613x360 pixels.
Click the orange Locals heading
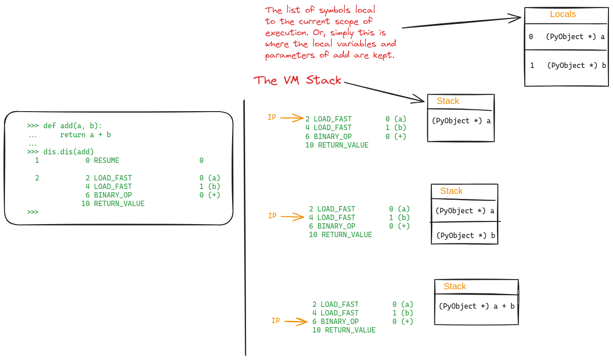tap(563, 14)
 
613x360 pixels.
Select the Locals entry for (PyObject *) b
tap(577, 66)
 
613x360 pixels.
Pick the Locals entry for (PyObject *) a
tap(575, 37)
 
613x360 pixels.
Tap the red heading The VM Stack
tap(297, 81)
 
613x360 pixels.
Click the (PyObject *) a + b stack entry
tap(476, 306)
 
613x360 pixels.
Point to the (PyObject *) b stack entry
tap(465, 236)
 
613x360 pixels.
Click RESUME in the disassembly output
tap(107, 161)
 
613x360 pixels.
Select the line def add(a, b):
tap(73, 126)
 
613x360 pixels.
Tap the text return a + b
tap(85, 135)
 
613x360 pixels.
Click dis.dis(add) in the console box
tap(69, 152)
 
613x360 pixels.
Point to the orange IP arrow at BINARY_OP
tap(295, 322)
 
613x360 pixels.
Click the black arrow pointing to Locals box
tap(461, 23)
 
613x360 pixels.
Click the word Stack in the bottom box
tap(455, 287)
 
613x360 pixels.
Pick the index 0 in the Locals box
tap(531, 37)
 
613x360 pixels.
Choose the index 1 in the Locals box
tap(532, 66)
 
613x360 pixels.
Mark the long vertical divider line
tap(245, 225)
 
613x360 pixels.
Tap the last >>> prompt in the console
tap(33, 212)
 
